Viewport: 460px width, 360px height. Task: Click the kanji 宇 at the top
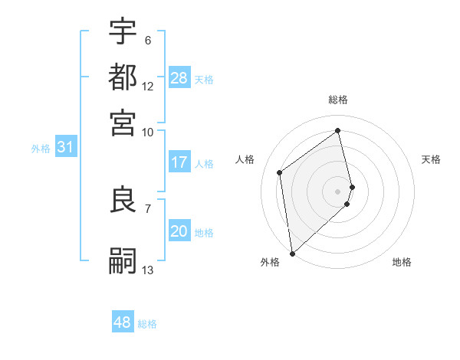[x=123, y=31]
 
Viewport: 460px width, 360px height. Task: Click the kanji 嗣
[x=123, y=260]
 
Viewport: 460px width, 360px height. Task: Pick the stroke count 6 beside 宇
[x=148, y=41]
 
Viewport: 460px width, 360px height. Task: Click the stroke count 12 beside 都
[x=148, y=86]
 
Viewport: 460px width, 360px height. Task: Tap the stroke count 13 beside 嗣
[x=148, y=270]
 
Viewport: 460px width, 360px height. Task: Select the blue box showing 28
[x=179, y=77]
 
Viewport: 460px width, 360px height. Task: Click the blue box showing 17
[x=179, y=162]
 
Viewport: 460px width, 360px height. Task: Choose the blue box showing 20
[x=179, y=232]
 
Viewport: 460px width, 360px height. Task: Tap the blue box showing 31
[x=65, y=148]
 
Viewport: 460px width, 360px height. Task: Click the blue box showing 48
[x=123, y=322]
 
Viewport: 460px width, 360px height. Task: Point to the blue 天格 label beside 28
[x=204, y=79]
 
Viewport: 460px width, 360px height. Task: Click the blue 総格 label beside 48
[x=147, y=324]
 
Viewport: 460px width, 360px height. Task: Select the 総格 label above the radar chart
[x=338, y=100]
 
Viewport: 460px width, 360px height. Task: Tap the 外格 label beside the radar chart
[x=270, y=262]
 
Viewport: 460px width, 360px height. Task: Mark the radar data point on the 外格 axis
[x=292, y=253]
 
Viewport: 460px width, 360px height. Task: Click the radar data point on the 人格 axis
[x=280, y=172]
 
